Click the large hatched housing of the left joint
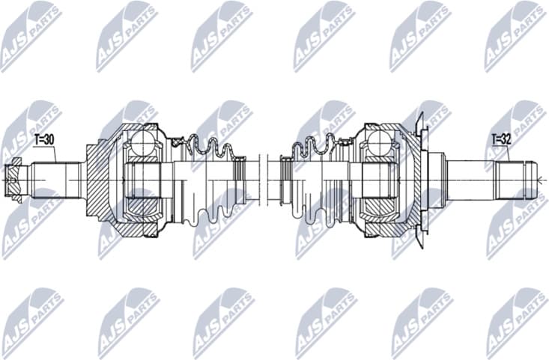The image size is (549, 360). [98, 180]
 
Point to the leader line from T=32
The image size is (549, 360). [510, 153]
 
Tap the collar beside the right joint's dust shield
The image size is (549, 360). [435, 180]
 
